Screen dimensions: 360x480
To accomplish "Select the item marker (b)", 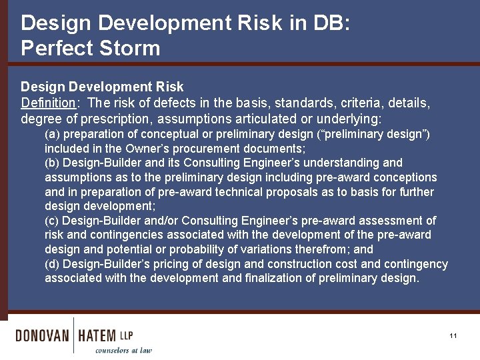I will tap(52, 163).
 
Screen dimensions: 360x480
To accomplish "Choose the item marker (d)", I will tap(52, 264).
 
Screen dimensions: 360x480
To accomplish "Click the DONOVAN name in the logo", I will tap(42, 335).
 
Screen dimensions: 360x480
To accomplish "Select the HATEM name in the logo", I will tap(97, 335).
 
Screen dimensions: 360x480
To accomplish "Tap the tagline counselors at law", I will tap(123, 350).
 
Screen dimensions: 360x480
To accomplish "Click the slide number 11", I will tap(453, 336).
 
